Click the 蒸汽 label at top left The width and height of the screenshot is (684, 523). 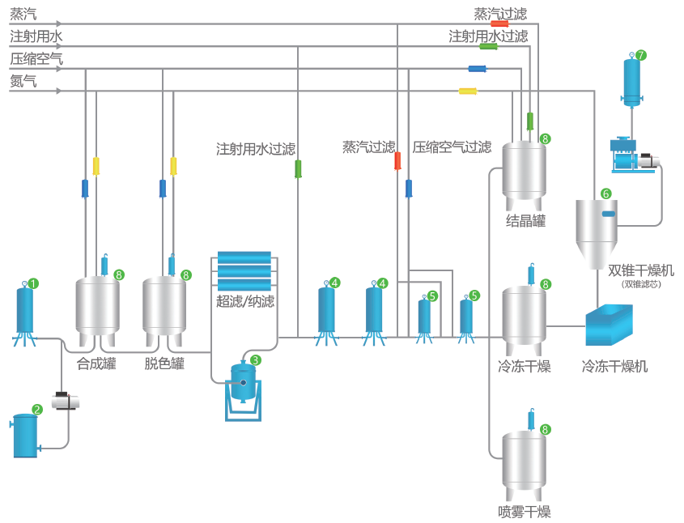[23, 15]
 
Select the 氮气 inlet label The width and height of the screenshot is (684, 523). [23, 81]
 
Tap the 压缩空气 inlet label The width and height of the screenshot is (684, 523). [36, 59]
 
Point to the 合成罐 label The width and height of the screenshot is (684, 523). [96, 364]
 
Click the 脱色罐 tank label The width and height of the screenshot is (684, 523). [164, 364]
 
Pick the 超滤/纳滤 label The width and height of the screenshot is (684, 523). [245, 301]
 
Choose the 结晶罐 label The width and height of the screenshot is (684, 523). [525, 221]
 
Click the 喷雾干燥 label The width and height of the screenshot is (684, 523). [524, 512]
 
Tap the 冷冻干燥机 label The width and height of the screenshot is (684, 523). [614, 366]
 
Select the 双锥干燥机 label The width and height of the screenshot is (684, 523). [640, 270]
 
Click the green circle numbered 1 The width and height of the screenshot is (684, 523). [33, 283]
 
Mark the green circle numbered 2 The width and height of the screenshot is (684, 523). [37, 410]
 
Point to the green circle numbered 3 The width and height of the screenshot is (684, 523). [256, 359]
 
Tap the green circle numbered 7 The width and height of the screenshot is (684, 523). [641, 55]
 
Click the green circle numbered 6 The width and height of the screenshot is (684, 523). [605, 193]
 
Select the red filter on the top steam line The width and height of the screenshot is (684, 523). [499, 23]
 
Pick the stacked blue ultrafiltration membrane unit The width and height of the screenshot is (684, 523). [244, 270]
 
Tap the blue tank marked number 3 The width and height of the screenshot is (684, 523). [243, 383]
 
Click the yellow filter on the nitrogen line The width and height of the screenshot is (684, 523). [468, 91]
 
